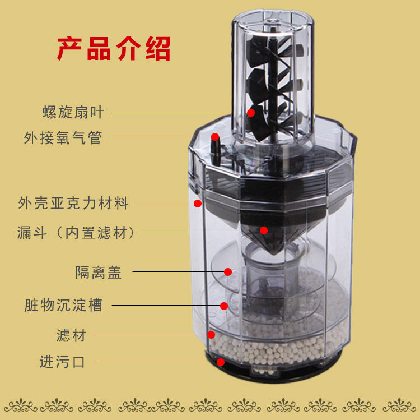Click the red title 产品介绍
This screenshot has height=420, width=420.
(x=114, y=49)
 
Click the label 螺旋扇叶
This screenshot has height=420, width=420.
(x=73, y=112)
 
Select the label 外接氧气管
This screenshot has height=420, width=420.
(x=63, y=138)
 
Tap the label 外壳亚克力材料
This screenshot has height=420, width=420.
(x=73, y=203)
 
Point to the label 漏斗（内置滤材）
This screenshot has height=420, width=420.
(x=76, y=232)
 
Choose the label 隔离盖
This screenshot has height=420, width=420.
(x=99, y=273)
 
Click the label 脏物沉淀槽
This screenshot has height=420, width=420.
(x=63, y=305)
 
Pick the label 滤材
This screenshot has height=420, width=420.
(x=71, y=335)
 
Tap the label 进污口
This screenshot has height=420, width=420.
(x=62, y=362)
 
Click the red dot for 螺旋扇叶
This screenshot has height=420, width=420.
(x=251, y=113)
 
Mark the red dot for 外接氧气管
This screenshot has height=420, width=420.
(x=215, y=137)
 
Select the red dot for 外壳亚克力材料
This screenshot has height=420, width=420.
(x=198, y=204)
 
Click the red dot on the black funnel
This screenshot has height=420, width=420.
(x=264, y=230)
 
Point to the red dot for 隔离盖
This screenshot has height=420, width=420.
(x=228, y=272)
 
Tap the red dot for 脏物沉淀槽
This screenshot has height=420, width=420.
(x=224, y=306)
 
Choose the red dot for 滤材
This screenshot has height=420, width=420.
(x=211, y=335)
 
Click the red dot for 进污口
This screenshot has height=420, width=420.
(x=221, y=362)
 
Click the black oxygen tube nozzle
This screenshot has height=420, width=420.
(x=215, y=150)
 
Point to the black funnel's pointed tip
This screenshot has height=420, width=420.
(x=274, y=253)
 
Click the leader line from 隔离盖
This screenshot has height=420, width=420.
(x=179, y=272)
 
